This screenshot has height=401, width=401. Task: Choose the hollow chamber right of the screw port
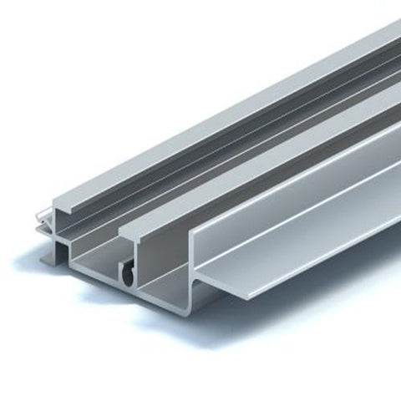pos(163,272)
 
